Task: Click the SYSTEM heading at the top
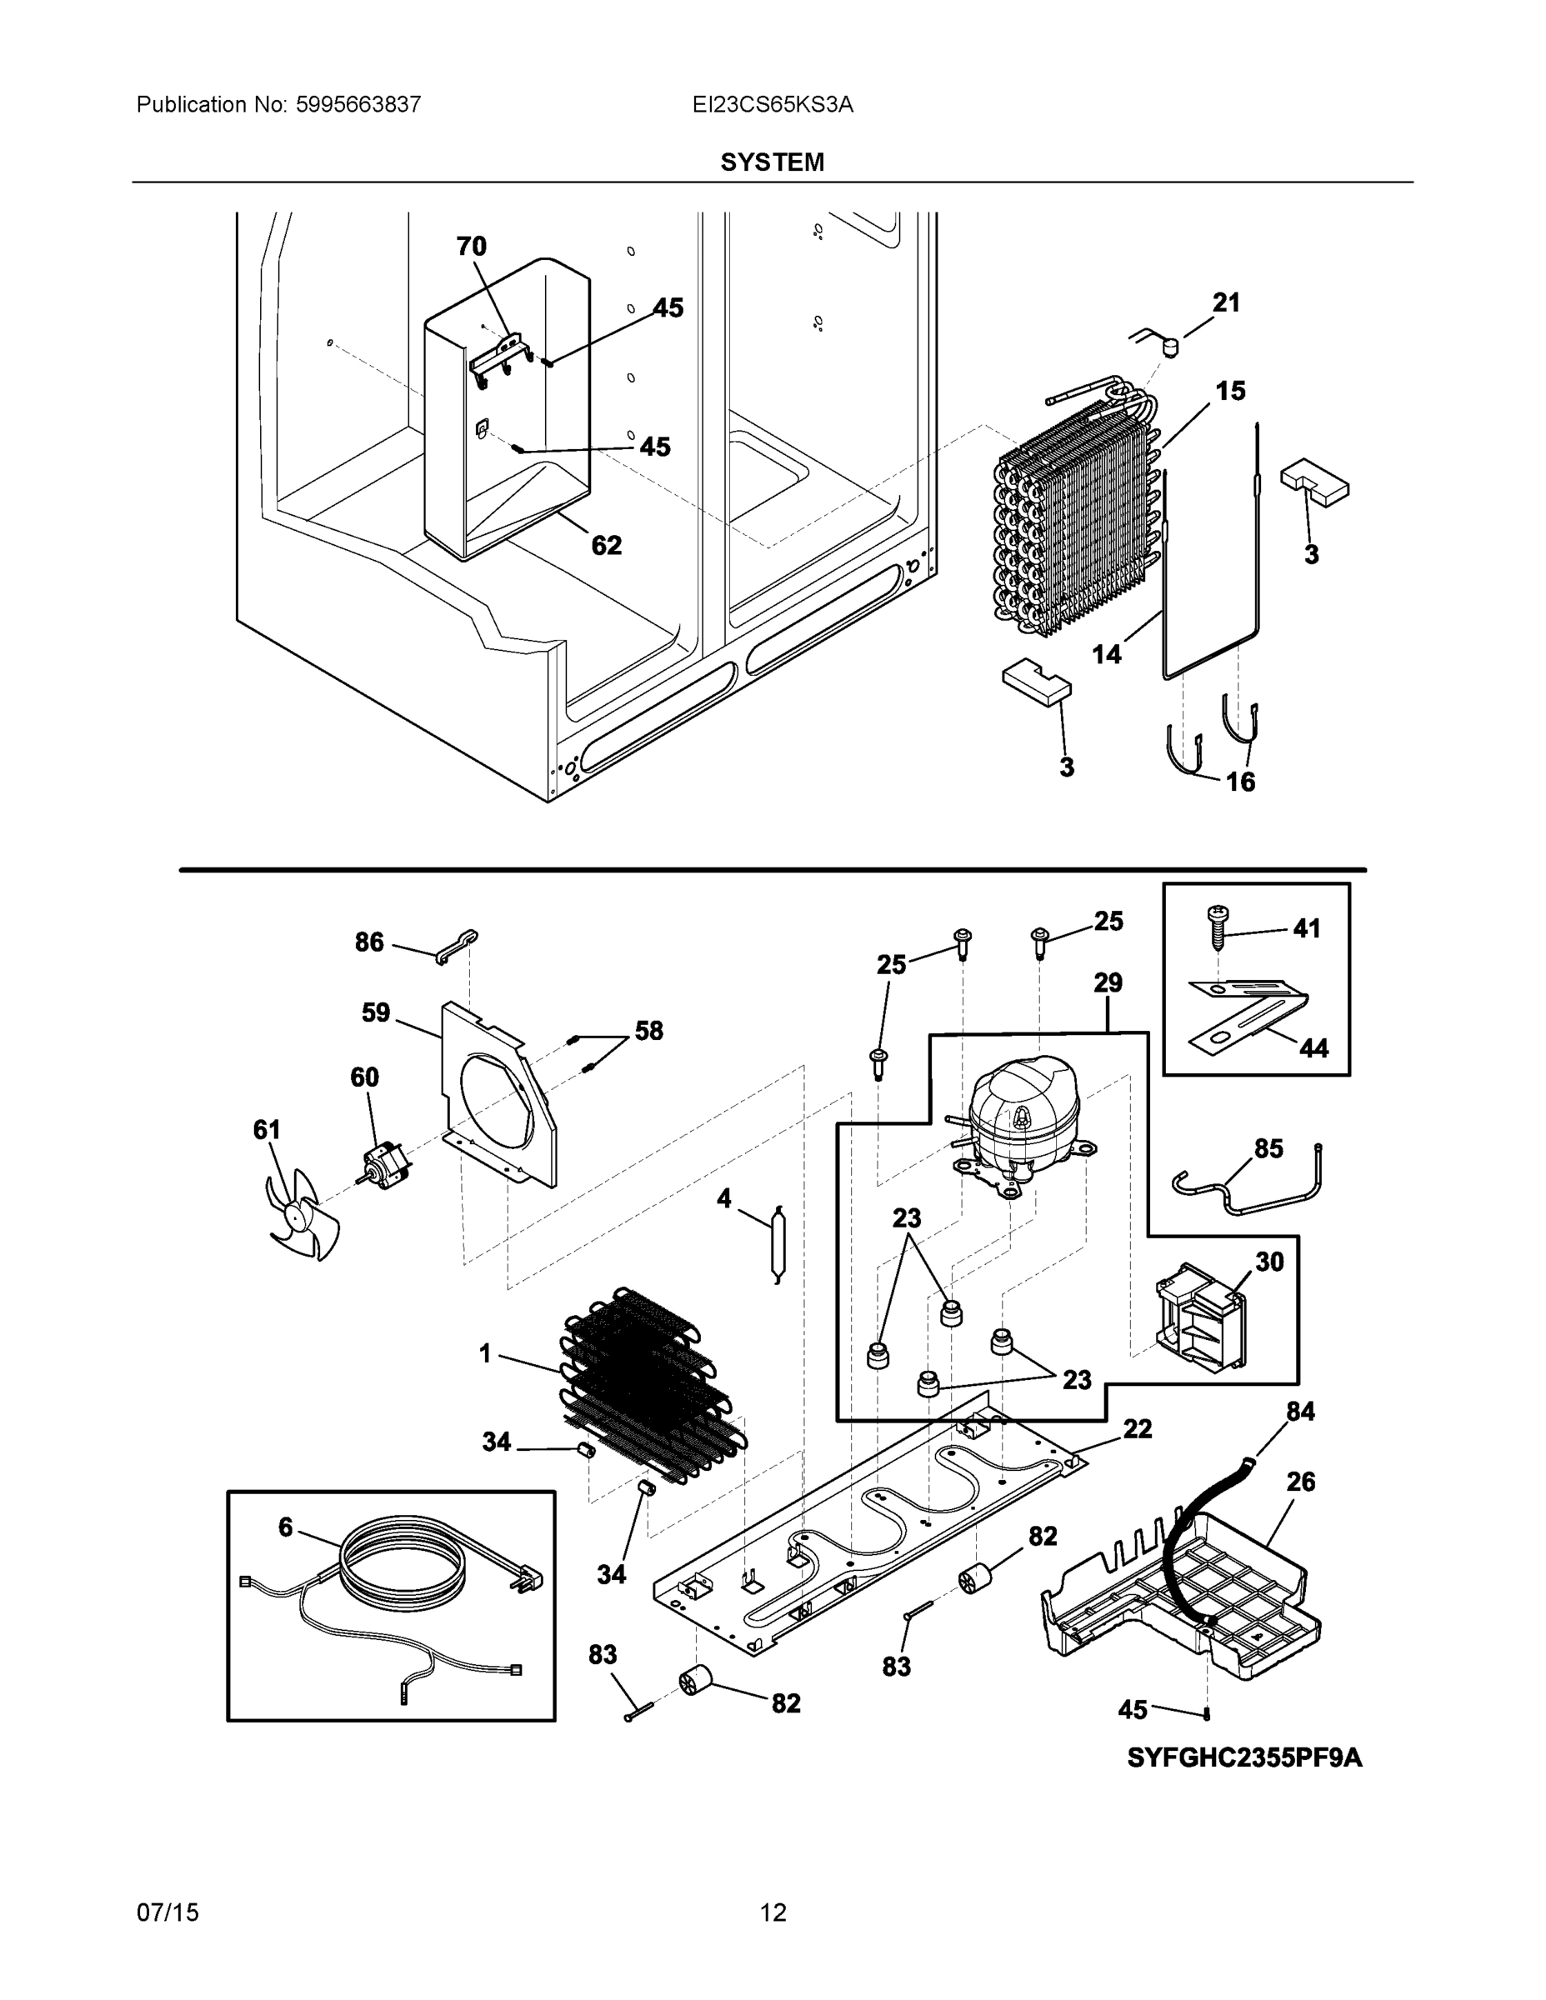[772, 162]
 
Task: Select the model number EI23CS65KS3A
[772, 104]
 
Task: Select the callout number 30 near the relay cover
[1268, 1262]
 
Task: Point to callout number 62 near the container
[606, 546]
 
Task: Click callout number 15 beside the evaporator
[1230, 391]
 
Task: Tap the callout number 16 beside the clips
[1240, 781]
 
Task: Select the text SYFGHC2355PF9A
[1243, 1758]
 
